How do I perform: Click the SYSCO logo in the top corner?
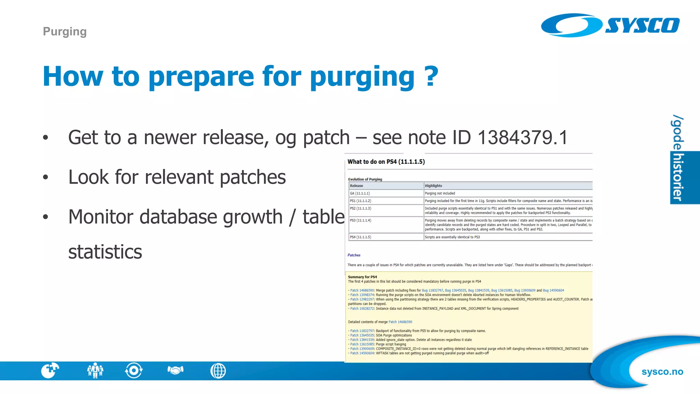click(x=610, y=25)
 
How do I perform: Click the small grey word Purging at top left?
click(x=65, y=31)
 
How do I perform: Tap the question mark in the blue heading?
click(x=431, y=76)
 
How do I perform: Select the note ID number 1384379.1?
click(x=522, y=137)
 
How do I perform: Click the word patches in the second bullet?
click(x=253, y=177)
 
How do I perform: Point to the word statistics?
click(x=105, y=252)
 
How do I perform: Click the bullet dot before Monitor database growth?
click(x=45, y=217)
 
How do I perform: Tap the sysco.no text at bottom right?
click(x=662, y=372)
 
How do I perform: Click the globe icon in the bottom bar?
click(x=218, y=371)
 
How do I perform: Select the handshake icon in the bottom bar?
click(x=175, y=370)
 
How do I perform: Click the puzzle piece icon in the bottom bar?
click(x=50, y=370)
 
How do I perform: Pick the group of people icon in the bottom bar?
click(x=95, y=370)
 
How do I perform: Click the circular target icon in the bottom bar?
click(x=134, y=370)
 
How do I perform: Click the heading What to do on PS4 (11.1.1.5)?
click(x=386, y=162)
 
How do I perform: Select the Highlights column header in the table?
click(x=433, y=186)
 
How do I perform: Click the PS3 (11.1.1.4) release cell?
click(x=360, y=221)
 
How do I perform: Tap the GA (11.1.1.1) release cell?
click(x=360, y=193)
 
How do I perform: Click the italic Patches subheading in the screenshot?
click(x=354, y=255)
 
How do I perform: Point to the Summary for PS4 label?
click(x=362, y=277)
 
